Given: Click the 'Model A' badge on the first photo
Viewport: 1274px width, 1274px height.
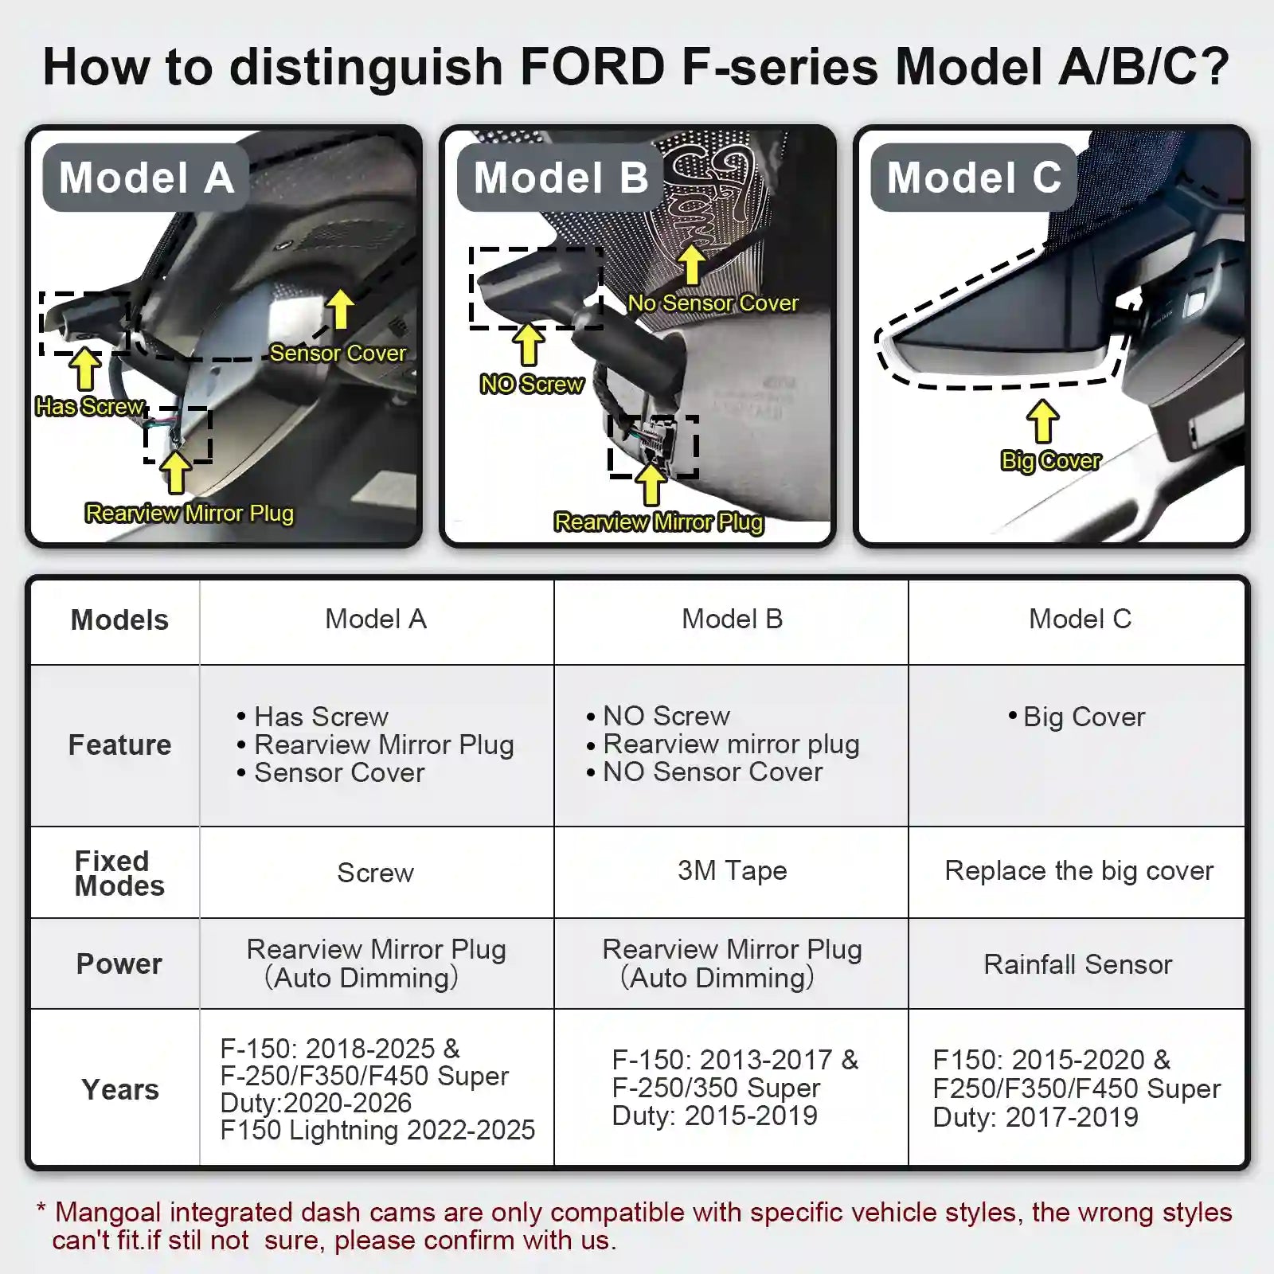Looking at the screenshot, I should click(146, 177).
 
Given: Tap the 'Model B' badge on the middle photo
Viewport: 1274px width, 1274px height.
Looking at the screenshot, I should click(561, 177).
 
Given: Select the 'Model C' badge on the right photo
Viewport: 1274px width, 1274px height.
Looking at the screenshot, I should click(974, 177).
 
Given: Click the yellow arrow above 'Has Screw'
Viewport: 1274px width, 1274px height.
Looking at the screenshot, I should click(84, 369).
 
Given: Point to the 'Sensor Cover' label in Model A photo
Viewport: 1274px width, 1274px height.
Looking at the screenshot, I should click(338, 353).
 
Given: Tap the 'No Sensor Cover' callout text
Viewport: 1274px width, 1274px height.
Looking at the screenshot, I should click(713, 303).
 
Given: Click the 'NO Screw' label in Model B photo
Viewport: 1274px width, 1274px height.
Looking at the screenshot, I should click(531, 385).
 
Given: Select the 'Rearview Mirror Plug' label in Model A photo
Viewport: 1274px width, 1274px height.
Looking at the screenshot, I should click(190, 514).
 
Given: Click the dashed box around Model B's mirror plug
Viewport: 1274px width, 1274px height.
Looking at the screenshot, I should click(653, 447).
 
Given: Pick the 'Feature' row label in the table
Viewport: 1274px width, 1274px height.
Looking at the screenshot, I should click(119, 745).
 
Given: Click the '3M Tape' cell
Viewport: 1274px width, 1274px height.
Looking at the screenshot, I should click(732, 871).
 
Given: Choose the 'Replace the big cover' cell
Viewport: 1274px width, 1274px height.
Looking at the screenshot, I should click(1078, 871).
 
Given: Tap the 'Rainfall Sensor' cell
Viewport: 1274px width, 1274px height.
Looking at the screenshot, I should click(1077, 965).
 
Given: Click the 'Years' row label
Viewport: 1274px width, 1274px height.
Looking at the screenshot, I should click(119, 1089).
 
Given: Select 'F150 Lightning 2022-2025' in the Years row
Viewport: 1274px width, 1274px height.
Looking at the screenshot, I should click(377, 1130).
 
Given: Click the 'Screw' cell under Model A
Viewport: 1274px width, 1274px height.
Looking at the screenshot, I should click(375, 873).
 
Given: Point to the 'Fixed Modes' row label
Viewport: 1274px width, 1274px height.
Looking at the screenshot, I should click(119, 873).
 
